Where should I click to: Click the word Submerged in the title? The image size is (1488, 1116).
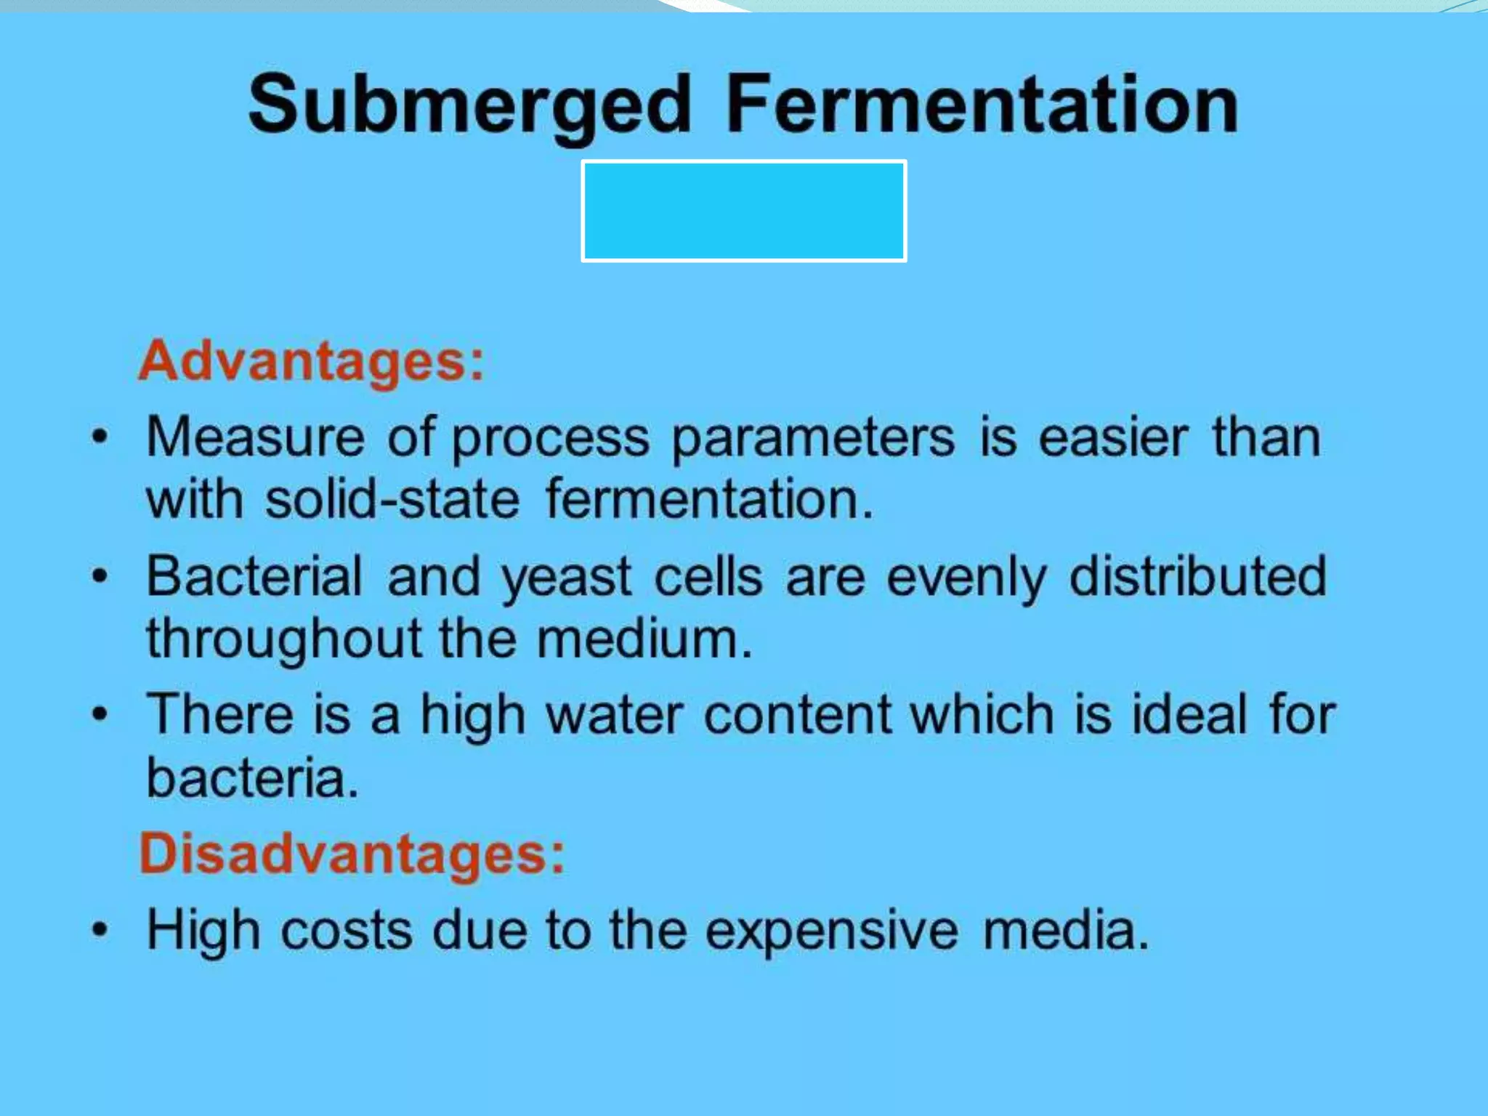click(x=469, y=106)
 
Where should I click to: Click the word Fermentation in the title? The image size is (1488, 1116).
click(x=982, y=105)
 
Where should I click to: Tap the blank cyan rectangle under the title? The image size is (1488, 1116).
click(x=743, y=211)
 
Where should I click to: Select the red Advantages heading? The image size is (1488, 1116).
click(x=311, y=361)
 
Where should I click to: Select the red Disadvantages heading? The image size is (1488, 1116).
click(x=352, y=853)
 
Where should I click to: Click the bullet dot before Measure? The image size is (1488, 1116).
click(x=100, y=437)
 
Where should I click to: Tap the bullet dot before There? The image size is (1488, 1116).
click(x=100, y=715)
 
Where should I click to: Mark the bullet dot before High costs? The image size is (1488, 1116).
click(x=100, y=930)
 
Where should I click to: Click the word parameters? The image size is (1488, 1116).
click(x=813, y=439)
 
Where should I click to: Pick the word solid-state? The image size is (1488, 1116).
click(x=392, y=500)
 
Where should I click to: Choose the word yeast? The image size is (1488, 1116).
click(x=567, y=578)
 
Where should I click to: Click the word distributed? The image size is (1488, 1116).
click(x=1198, y=577)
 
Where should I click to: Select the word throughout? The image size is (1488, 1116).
click(x=284, y=639)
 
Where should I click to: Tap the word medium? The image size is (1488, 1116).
click(x=644, y=639)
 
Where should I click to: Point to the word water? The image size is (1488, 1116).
click(x=615, y=715)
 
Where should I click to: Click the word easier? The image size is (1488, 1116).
click(x=1113, y=437)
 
